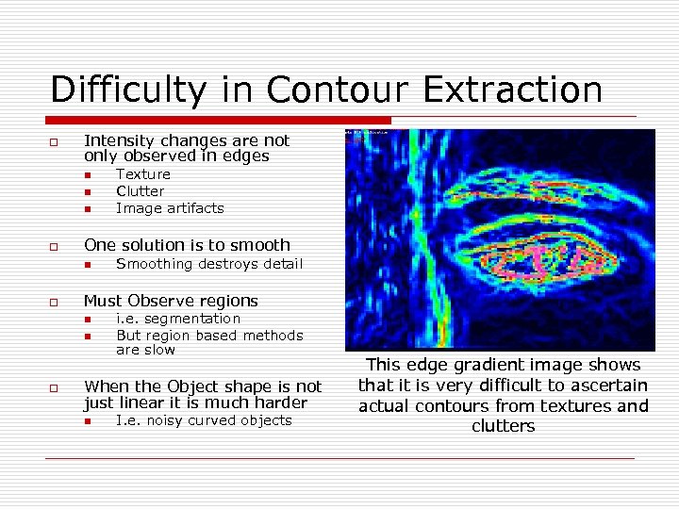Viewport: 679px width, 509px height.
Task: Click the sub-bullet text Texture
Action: [143, 174]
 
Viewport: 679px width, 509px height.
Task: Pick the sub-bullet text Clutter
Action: [141, 191]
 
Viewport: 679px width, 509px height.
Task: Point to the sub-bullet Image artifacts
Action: [170, 208]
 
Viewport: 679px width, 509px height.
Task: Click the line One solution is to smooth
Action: [187, 245]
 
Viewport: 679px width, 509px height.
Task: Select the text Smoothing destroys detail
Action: [209, 264]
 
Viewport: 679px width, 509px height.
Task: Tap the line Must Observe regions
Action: [171, 301]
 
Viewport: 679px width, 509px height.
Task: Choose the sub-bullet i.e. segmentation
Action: [178, 319]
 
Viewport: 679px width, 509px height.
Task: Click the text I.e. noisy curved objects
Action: [204, 420]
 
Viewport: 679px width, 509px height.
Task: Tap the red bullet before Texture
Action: [86, 175]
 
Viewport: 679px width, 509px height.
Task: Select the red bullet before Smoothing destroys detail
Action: [86, 265]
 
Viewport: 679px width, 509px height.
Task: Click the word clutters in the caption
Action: [503, 427]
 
